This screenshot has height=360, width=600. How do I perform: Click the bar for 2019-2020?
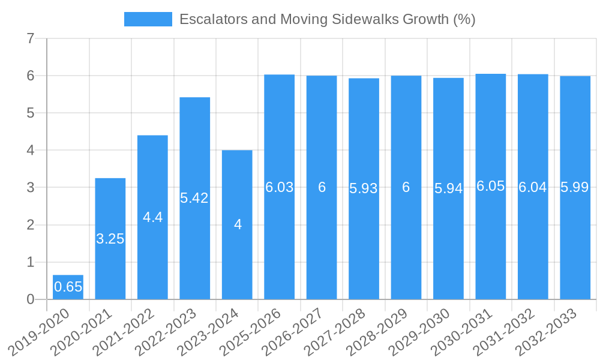[x=68, y=287]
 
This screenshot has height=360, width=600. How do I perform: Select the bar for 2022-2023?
[x=194, y=240]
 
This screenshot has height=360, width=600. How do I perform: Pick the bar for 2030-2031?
[x=490, y=240]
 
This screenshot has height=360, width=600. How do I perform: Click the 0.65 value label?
[x=68, y=287]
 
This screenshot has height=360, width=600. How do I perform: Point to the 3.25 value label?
[x=110, y=239]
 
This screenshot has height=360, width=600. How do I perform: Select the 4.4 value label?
[x=152, y=217]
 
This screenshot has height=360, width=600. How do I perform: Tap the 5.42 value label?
[x=194, y=198]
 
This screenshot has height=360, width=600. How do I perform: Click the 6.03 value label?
[x=280, y=187]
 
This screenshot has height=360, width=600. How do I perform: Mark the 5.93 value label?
[x=364, y=188]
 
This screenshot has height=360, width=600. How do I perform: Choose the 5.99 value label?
[x=575, y=187]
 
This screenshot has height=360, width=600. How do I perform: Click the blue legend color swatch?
[x=148, y=19]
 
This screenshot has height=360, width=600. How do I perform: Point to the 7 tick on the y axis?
[x=31, y=39]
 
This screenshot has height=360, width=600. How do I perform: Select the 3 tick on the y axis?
[x=31, y=188]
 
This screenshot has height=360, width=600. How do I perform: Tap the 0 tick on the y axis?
[x=31, y=299]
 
